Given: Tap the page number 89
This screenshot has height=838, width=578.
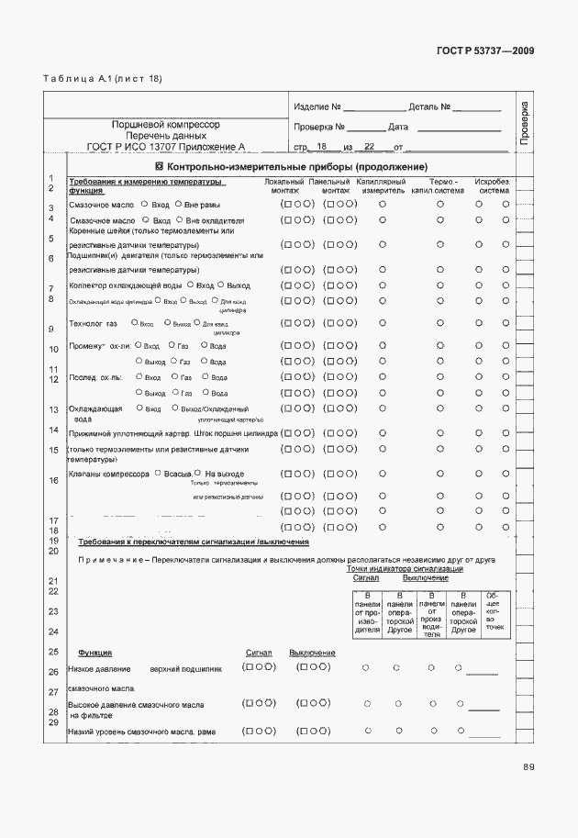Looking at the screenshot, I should [x=528, y=767].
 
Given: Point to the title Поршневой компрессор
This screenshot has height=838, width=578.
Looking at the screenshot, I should [x=166, y=123].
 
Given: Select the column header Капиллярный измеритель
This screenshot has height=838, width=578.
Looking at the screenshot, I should [x=382, y=186].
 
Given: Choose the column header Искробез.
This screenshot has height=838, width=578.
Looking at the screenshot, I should [x=492, y=182].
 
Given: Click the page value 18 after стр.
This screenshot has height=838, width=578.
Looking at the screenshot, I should [x=321, y=146].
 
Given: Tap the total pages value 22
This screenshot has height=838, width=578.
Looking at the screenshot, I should [x=370, y=146].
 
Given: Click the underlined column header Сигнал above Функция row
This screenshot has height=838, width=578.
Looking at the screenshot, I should [x=259, y=653].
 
